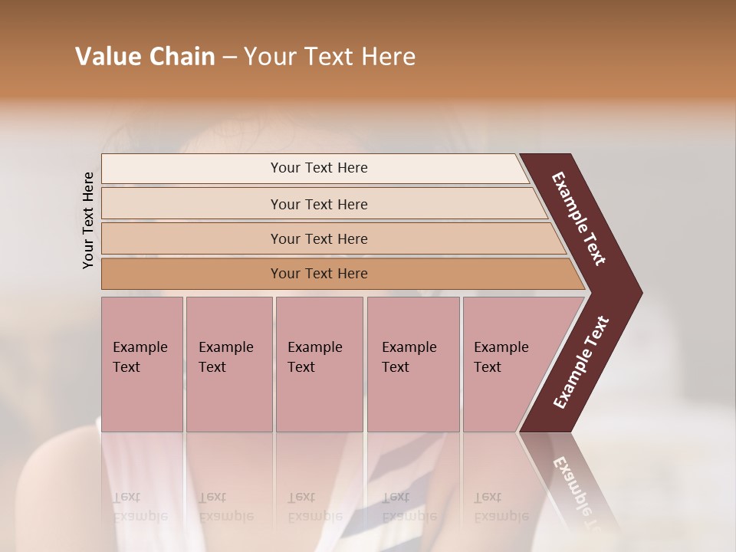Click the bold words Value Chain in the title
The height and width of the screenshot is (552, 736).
[145, 57]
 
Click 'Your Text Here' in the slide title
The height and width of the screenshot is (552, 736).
[330, 57]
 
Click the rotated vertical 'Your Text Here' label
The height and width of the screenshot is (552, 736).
[88, 220]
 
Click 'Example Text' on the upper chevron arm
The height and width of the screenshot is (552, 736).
[580, 219]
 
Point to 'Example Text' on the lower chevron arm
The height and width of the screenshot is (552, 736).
[581, 363]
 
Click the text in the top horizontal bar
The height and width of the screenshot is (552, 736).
[319, 168]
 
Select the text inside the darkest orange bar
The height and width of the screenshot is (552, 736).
[319, 274]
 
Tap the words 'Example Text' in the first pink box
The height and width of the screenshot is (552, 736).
[140, 357]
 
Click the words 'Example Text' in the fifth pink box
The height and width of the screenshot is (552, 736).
[501, 357]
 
